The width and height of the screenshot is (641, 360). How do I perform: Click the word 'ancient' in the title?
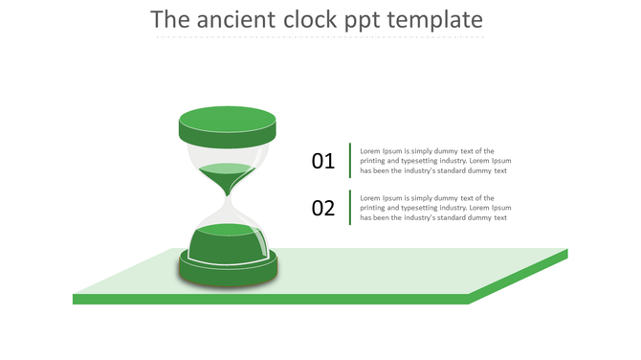point(246,19)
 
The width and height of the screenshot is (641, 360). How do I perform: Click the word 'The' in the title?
point(171,19)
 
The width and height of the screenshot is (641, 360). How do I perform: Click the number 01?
point(323,161)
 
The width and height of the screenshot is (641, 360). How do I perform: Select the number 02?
point(323,208)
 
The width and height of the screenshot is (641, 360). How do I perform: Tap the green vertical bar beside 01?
point(350,161)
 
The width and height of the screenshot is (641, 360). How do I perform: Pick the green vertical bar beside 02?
point(350,208)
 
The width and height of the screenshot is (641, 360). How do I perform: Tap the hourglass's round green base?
point(228,268)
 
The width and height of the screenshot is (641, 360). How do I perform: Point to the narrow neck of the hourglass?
point(228,198)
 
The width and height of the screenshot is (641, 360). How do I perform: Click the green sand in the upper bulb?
point(228,173)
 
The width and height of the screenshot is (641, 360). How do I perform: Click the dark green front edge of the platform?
point(268,300)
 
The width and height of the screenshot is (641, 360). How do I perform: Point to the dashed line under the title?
point(320,37)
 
